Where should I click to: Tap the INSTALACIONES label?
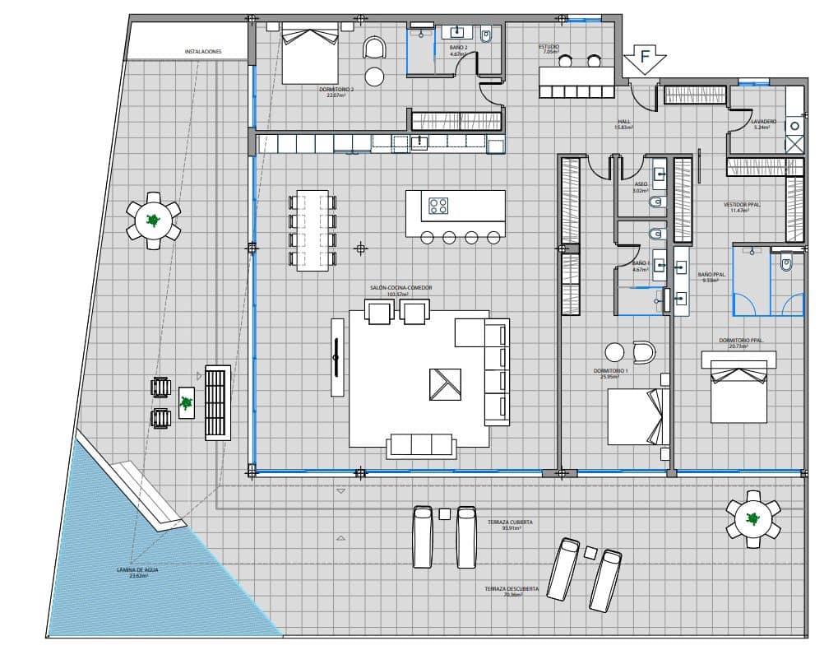pos(203,51)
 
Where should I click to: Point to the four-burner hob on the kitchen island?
pos(438,206)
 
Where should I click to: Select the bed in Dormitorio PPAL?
pos(739,397)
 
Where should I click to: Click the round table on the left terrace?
pos(153,221)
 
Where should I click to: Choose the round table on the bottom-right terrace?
pos(752,519)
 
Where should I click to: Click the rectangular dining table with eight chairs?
pos(313,230)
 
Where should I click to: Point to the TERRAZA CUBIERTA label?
pos(509,525)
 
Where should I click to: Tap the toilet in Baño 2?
pos(486,37)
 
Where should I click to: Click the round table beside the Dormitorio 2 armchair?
pos(374,77)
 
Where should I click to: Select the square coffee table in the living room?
pos(445,384)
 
